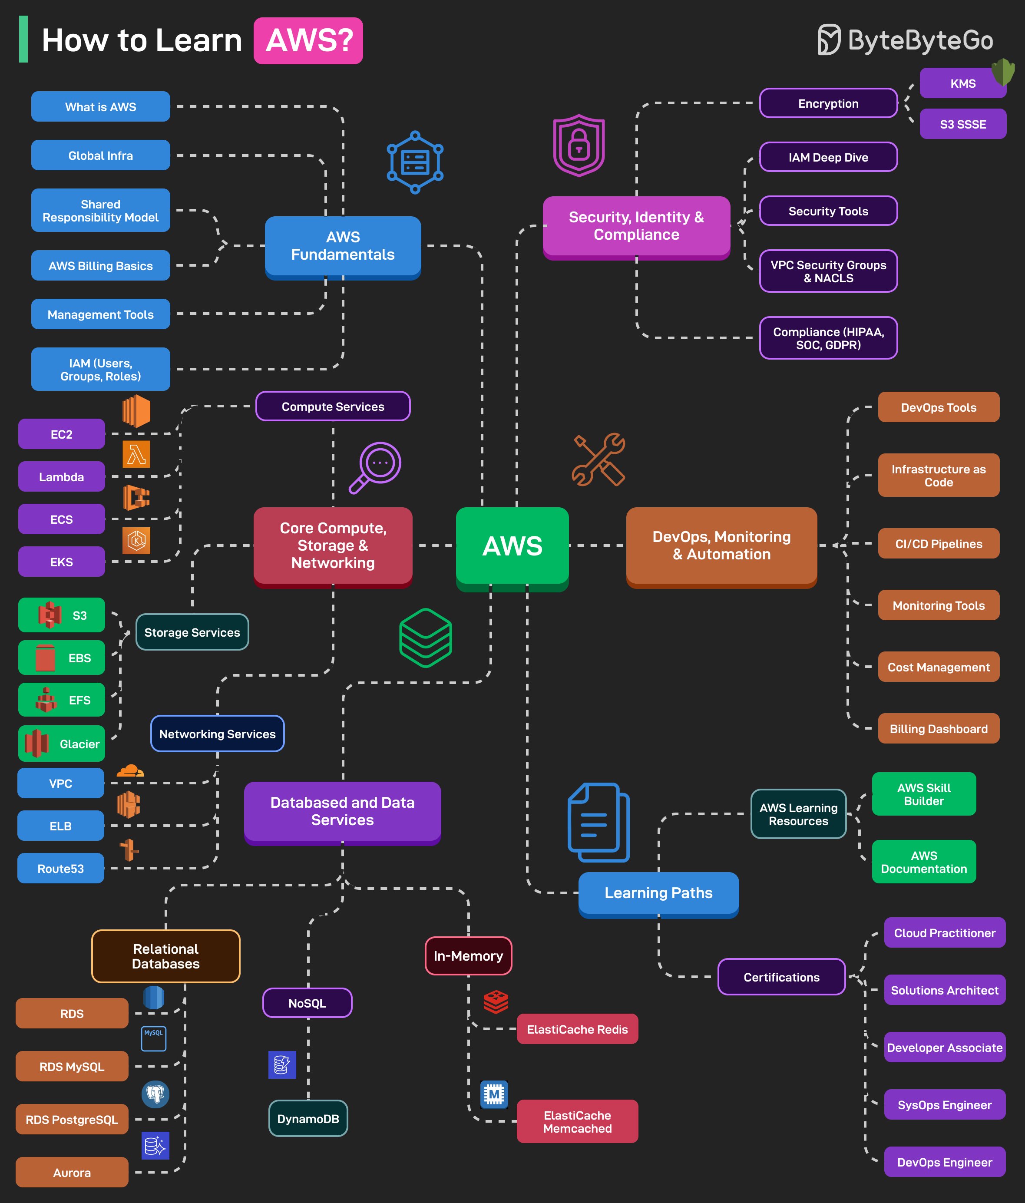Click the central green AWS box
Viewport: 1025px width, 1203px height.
coord(512,546)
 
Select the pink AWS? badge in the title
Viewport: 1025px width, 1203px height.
coord(308,41)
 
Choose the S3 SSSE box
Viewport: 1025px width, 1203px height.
coord(962,124)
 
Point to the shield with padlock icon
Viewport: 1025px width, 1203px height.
coord(579,145)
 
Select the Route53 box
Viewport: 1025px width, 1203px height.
coord(60,869)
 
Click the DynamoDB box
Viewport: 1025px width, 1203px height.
coord(308,1118)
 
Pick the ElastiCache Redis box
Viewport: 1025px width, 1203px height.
coord(577,1029)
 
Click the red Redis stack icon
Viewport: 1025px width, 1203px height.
coord(496,1001)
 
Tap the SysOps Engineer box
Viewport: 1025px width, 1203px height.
coord(944,1105)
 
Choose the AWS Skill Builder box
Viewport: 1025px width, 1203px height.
coord(923,794)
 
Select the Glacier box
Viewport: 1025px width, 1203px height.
coord(62,744)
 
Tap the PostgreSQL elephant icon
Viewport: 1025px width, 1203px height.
coord(155,1094)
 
